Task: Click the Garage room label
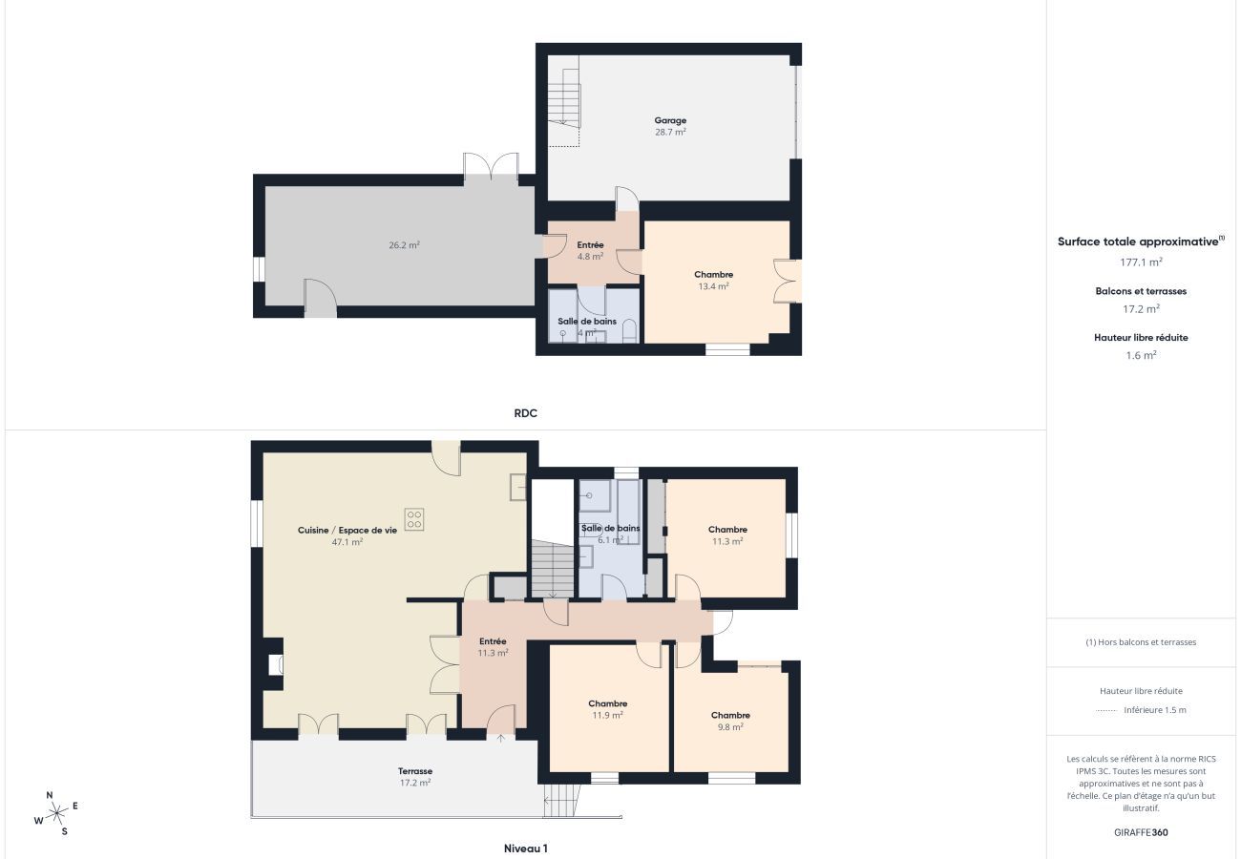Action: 670,120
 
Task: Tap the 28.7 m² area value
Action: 670,132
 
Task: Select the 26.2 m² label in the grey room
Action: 404,244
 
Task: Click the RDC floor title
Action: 525,413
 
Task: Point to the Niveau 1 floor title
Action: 525,848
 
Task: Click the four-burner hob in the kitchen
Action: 414,519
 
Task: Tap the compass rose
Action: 56,813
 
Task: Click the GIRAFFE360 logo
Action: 1141,832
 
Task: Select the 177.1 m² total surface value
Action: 1141,262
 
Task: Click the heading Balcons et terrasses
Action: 1141,291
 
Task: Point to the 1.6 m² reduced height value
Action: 1141,355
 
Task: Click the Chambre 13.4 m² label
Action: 714,281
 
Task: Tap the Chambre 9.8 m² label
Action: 730,722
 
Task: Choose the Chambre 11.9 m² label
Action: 608,709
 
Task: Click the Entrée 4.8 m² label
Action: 590,250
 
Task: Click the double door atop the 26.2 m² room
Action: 491,166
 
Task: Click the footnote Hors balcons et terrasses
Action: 1141,642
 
